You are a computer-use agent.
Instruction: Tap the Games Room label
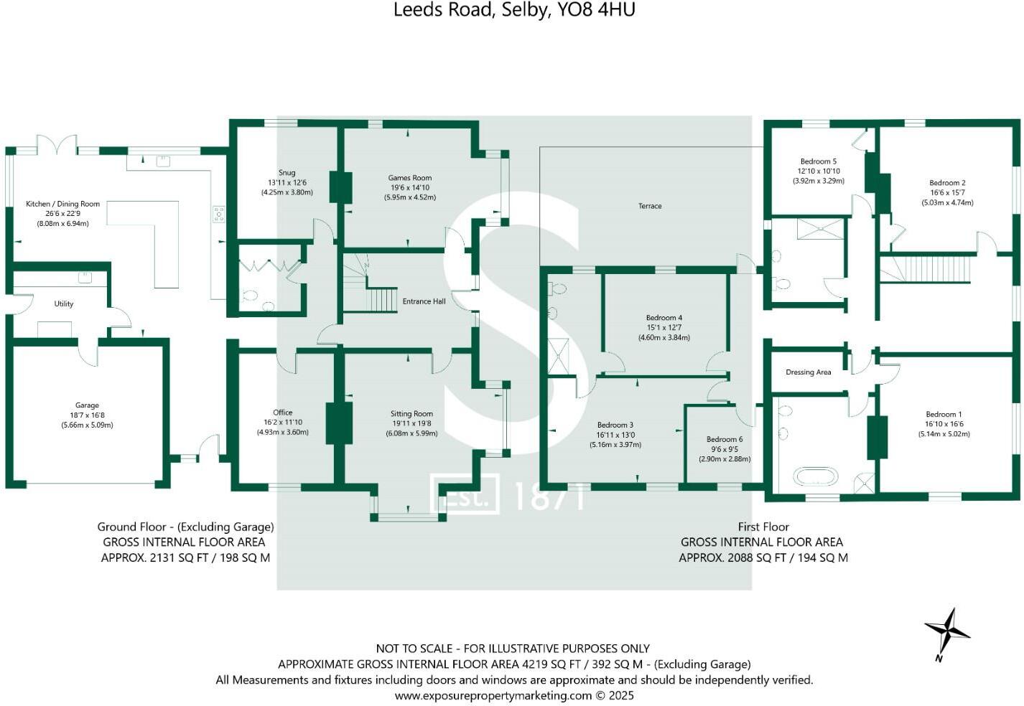coord(409,178)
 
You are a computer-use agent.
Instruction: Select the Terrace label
coord(649,206)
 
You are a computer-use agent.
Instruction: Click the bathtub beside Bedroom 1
coord(815,477)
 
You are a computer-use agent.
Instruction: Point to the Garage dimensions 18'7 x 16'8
coord(87,415)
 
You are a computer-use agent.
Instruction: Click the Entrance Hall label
coord(424,301)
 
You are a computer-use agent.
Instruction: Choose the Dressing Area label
coord(808,372)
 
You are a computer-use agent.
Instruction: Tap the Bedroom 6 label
coord(724,439)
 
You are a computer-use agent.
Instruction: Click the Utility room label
coord(64,303)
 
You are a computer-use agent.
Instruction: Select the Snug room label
coord(287,173)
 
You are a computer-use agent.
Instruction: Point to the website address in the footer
coord(514,695)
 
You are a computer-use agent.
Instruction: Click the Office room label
coord(282,413)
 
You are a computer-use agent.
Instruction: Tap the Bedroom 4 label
coord(664,318)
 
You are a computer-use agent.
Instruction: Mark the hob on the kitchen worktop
coord(218,214)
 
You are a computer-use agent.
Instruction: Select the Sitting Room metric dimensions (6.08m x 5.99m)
coord(411,433)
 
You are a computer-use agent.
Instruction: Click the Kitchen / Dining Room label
coord(62,204)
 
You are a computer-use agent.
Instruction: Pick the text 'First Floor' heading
coord(763,527)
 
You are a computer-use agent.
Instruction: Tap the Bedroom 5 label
coord(818,161)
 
